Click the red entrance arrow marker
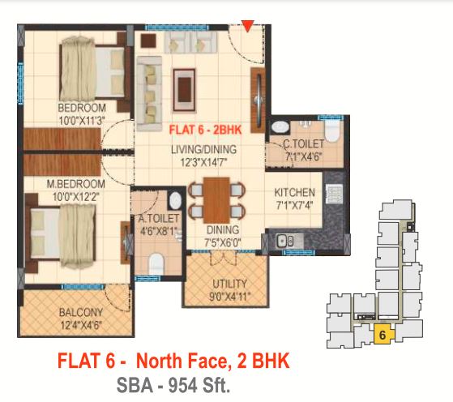(248, 26)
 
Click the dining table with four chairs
(216, 200)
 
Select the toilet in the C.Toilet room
(331, 131)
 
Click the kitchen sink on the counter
(285, 240)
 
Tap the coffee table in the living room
(184, 90)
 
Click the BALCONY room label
(81, 312)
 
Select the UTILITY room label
(229, 284)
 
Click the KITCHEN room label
(294, 192)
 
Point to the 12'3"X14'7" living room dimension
(204, 162)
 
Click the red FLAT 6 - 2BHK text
(205, 130)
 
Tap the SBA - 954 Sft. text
(173, 385)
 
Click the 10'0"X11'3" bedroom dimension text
(82, 121)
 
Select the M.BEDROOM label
(76, 184)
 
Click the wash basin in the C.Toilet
(280, 127)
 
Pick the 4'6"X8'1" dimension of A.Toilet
(158, 231)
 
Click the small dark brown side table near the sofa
(149, 41)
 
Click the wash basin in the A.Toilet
(175, 200)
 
